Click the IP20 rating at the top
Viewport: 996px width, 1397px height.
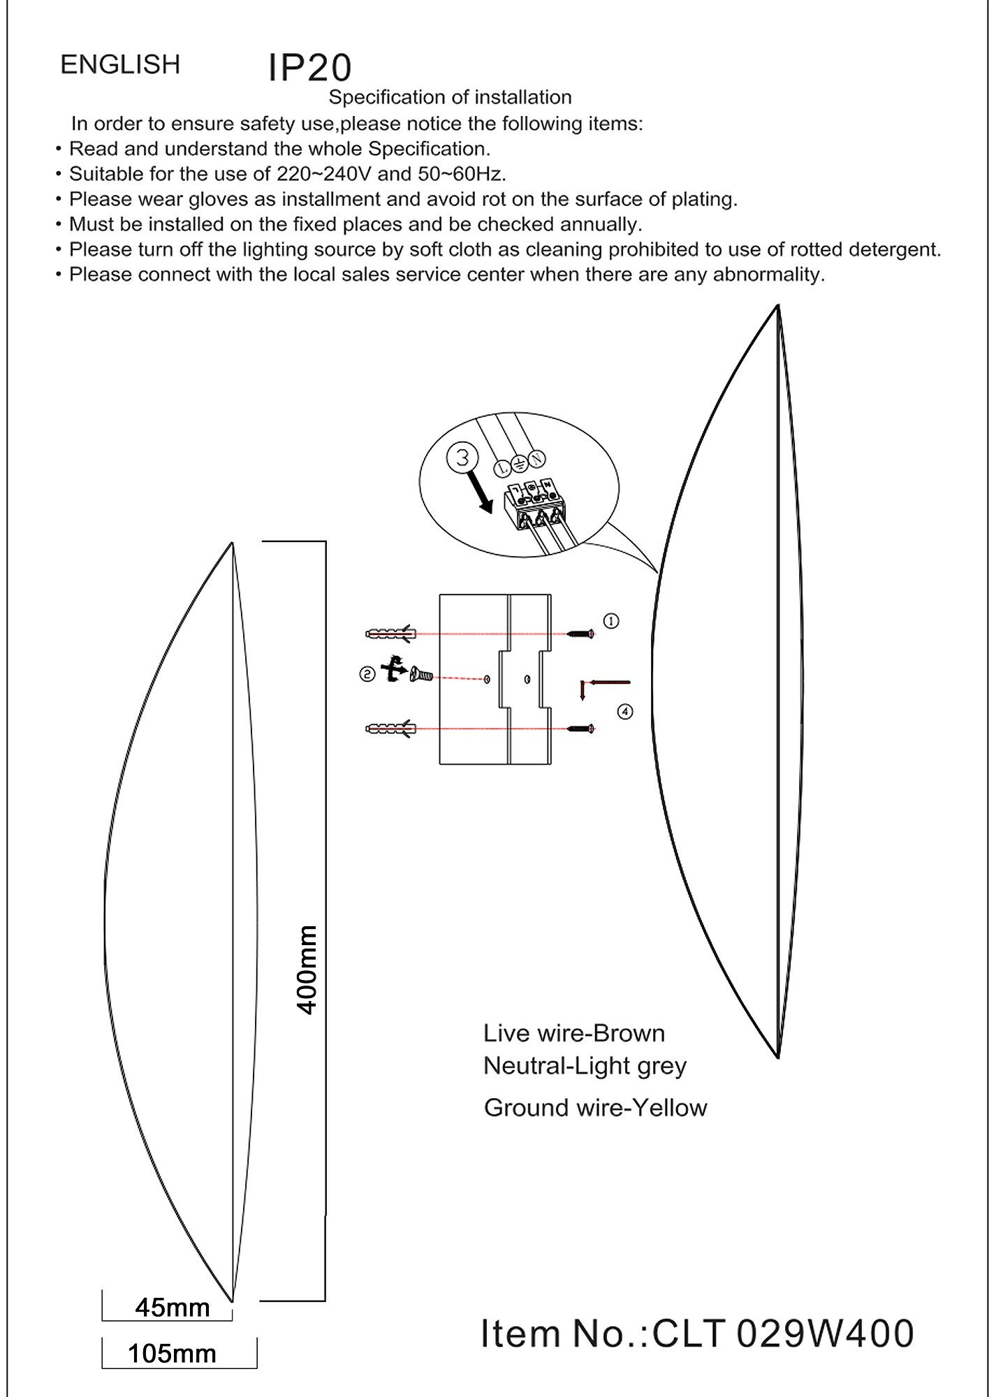309,68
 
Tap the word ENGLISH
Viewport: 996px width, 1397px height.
120,64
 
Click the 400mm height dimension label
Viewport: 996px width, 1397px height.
307,970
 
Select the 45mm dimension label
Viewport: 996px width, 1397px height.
173,1308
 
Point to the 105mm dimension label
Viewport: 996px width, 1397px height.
173,1354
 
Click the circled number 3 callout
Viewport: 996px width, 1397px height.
462,458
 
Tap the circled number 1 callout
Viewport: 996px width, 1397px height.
611,620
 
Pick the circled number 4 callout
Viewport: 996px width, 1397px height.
625,711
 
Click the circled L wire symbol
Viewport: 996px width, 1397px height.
502,468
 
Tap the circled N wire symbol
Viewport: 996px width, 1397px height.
536,459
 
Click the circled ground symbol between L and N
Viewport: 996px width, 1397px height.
520,464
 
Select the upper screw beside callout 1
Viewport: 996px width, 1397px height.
580,634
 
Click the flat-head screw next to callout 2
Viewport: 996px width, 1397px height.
421,675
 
